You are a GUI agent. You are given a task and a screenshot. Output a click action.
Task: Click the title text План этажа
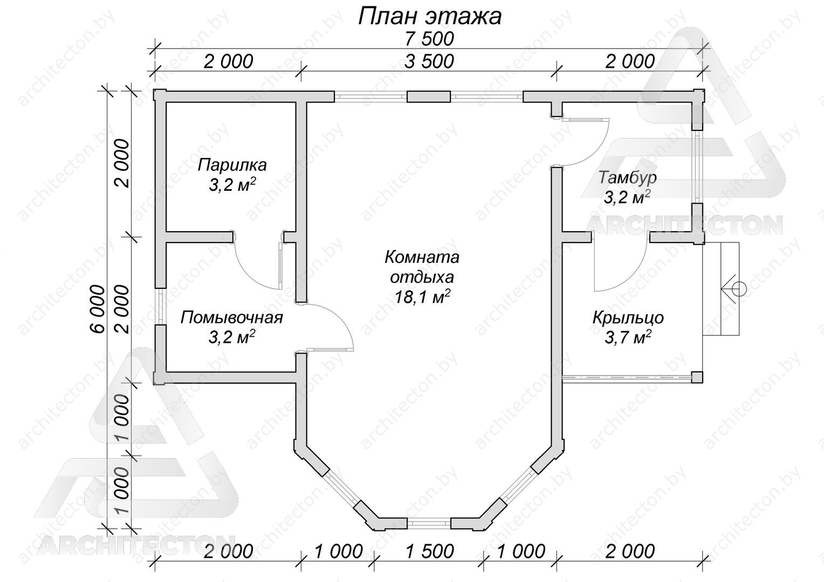[x=430, y=17]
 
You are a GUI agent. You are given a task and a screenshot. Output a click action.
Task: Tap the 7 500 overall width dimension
[x=429, y=39]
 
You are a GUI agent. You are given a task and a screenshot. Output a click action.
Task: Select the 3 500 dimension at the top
[x=429, y=61]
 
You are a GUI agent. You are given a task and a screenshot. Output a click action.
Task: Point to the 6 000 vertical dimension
[x=98, y=309]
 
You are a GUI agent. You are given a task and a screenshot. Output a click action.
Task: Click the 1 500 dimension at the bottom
[x=429, y=551]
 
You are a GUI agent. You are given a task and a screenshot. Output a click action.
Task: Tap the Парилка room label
[x=232, y=165]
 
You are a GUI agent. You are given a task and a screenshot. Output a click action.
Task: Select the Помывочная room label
[x=232, y=317]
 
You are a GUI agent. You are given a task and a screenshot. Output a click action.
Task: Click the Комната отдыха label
[x=422, y=267]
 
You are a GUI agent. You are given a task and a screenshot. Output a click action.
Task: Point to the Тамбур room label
[x=627, y=178]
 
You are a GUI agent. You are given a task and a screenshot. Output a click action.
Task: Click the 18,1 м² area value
[x=422, y=297]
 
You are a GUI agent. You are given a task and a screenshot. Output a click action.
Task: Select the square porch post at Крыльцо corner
[x=697, y=378]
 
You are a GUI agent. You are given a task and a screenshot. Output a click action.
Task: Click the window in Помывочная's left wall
[x=160, y=306]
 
